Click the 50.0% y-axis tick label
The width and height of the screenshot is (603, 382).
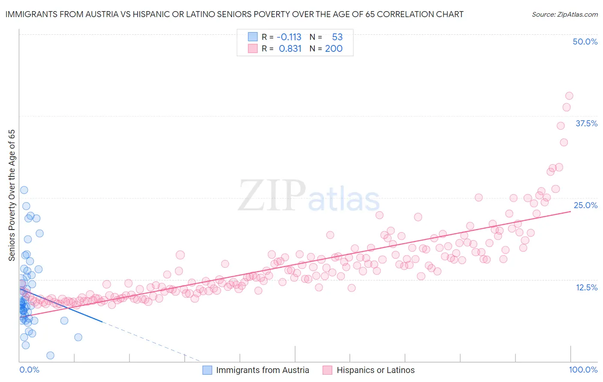coord(585,42)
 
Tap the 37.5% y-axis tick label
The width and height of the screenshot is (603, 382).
coord(586,123)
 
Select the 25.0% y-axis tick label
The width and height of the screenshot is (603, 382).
coord(585,205)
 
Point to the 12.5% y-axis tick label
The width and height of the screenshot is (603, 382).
coord(586,287)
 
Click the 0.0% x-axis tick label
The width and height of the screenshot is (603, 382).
coord(29,370)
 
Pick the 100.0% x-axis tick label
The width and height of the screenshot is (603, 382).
coord(583,370)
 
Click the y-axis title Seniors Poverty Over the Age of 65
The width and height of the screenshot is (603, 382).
coord(12,195)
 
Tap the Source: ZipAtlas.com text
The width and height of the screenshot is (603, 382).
coord(564,14)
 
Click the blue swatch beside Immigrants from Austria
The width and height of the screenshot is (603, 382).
coord(207,370)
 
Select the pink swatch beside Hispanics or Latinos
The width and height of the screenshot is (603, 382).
coord(328,370)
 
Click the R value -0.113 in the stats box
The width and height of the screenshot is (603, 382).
coord(289,37)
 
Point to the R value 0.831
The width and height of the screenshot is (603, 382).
coord(290,48)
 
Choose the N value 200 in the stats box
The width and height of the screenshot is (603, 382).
coord(334,48)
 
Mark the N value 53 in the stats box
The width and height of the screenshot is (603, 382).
coord(337,37)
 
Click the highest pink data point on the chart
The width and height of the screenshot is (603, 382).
coord(569,96)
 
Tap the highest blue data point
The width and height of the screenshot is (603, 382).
coord(24,190)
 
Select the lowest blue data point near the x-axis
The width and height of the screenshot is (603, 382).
coord(50,355)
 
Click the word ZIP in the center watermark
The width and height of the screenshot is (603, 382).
coord(271,196)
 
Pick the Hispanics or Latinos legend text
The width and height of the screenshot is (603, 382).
coord(375,370)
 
